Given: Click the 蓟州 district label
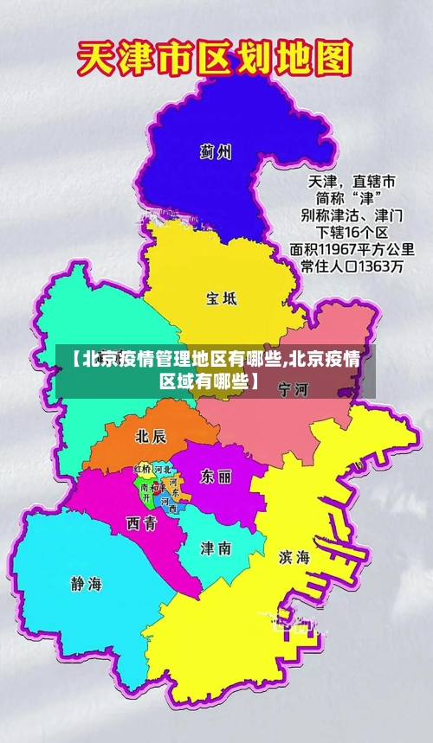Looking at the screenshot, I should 216,153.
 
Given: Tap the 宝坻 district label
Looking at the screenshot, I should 221,299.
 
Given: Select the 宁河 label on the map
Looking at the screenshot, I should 294,390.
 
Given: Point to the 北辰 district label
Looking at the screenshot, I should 152,436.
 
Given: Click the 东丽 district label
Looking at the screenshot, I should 216,477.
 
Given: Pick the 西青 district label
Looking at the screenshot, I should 141,522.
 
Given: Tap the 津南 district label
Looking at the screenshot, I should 216,548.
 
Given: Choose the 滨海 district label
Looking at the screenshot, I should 294,558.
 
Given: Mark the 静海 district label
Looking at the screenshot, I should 86,584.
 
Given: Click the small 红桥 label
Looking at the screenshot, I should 142,469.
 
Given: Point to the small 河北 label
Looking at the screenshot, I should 162,469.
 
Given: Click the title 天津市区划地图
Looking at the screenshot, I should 216,60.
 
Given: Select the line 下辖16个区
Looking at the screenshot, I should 351,233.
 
